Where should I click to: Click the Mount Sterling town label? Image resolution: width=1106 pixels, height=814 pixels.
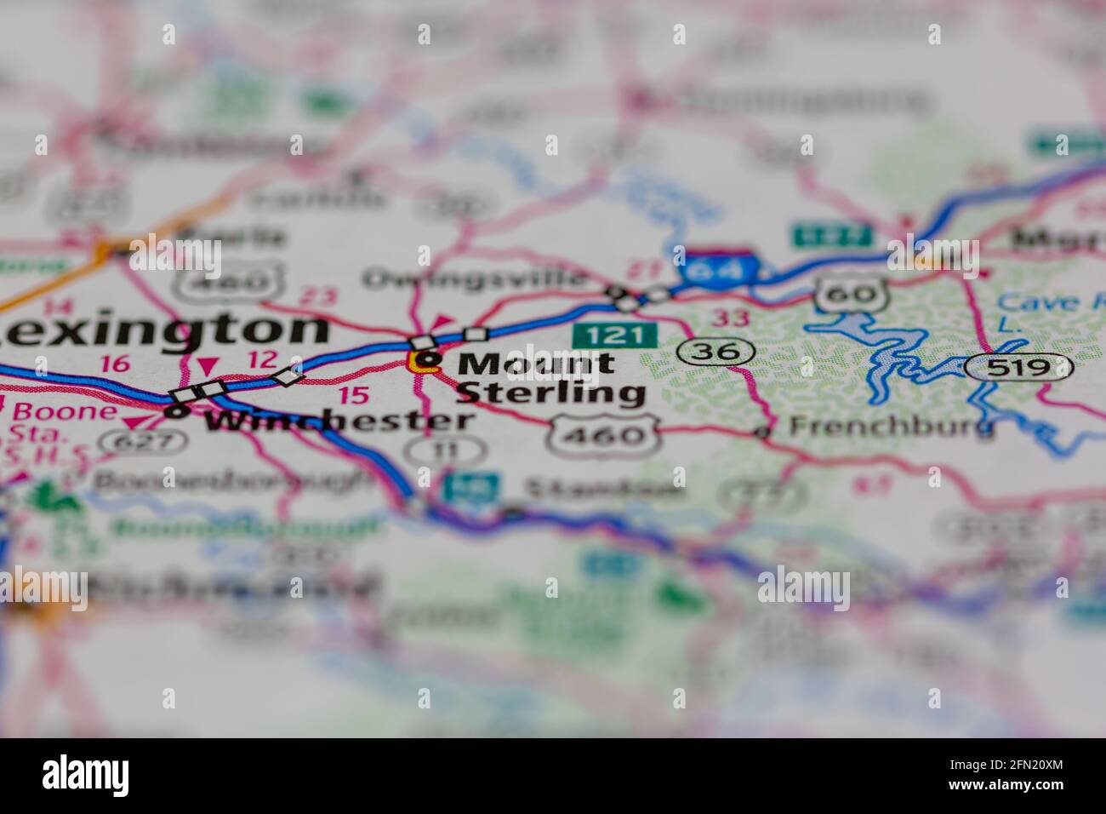549,377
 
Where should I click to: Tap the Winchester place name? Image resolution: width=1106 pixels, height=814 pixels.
339,420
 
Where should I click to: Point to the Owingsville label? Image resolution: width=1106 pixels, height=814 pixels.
475,278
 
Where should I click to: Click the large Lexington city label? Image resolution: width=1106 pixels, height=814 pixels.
162,330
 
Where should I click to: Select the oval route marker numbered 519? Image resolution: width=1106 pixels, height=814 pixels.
1018,367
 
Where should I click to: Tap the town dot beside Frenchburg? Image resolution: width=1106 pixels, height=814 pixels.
764,433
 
